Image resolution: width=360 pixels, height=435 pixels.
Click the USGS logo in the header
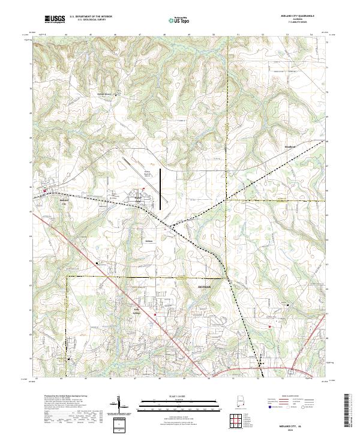(55, 19)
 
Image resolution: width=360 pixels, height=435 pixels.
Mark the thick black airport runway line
(162, 189)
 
